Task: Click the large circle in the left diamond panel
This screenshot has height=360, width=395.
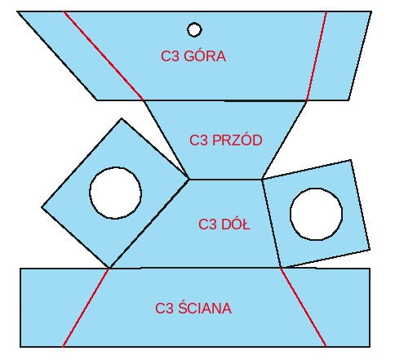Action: (90, 193)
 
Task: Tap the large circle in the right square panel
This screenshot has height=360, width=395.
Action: (291, 214)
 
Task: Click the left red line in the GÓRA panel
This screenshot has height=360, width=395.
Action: (104, 56)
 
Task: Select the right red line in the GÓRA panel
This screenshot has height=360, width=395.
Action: (317, 56)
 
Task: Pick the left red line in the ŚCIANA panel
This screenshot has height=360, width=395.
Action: (86, 308)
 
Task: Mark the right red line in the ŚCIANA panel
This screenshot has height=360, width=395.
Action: (304, 308)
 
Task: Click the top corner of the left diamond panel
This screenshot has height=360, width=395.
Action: (122, 118)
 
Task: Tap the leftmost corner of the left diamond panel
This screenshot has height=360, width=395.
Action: (42, 207)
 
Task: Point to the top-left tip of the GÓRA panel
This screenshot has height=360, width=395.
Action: (18, 11)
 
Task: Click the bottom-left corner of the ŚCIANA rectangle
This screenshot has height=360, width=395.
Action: (20, 347)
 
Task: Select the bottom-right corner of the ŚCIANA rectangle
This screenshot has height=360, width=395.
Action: (370, 347)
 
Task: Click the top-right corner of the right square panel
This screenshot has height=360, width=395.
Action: (351, 160)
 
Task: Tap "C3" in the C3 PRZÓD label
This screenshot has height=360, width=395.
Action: (199, 140)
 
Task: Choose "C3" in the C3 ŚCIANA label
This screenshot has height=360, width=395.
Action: (165, 309)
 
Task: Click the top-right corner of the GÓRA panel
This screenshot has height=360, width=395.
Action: (371, 11)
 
